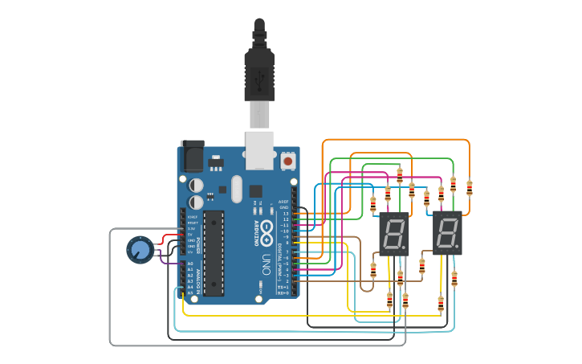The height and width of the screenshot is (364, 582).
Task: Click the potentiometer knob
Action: tap(140, 250)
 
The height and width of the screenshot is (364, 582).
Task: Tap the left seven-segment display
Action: tap(393, 234)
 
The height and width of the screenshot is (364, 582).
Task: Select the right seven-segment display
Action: tap(447, 234)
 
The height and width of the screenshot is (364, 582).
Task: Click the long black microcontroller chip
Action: tap(214, 253)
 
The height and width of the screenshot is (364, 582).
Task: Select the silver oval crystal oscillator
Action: tap(235, 190)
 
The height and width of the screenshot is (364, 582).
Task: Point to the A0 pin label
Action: tap(190, 264)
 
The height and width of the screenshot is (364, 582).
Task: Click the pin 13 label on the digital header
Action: tap(285, 214)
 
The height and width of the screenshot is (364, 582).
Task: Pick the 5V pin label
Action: tap(191, 234)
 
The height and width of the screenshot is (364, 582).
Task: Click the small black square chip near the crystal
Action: tap(255, 191)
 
